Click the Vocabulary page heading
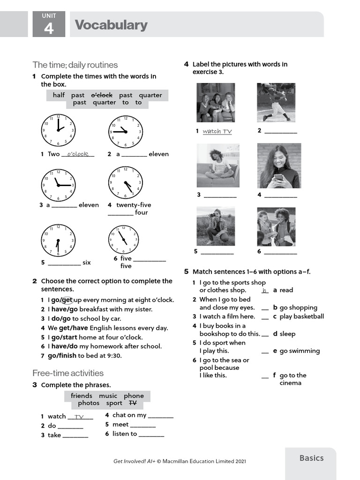111,25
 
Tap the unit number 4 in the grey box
49,29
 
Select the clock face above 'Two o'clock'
58,130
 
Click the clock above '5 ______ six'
58,240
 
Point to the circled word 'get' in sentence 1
67,300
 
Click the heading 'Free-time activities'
68,373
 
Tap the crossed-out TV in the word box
133,403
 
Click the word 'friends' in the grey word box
82,396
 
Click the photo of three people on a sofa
216,103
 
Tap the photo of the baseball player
276,103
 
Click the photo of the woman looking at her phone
279,166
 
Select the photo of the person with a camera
216,227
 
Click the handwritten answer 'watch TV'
217,132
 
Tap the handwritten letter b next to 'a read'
265,291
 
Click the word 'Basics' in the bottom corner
312,458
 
